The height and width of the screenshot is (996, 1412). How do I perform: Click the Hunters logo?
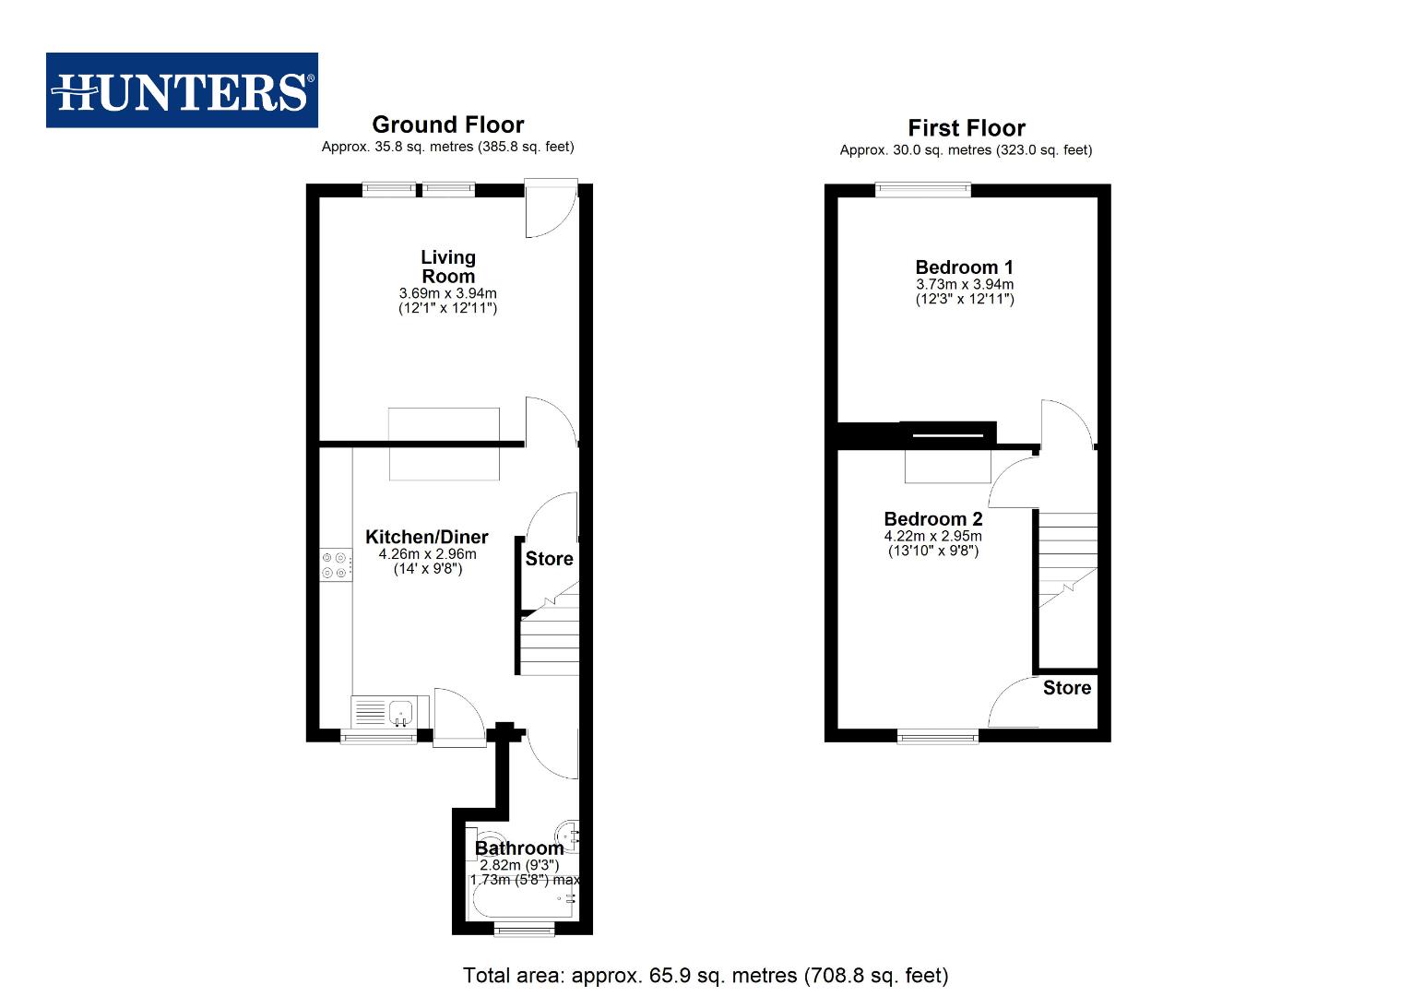click(x=182, y=90)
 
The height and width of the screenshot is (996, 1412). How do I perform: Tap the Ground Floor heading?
click(x=447, y=125)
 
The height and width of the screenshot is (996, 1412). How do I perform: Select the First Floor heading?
click(x=966, y=128)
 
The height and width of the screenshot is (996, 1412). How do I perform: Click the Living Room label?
click(x=448, y=267)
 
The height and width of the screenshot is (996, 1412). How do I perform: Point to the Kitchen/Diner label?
click(x=427, y=537)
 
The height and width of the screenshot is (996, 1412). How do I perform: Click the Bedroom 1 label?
click(x=964, y=267)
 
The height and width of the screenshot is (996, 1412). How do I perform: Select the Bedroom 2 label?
click(x=932, y=519)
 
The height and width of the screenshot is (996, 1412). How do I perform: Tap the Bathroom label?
click(x=519, y=848)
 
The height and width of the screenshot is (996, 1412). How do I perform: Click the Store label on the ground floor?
click(x=549, y=559)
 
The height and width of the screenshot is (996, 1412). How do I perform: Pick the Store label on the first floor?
click(x=1066, y=688)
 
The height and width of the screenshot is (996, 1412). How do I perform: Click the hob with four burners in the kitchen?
click(x=336, y=565)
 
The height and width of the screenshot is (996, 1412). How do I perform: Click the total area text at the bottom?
click(x=705, y=975)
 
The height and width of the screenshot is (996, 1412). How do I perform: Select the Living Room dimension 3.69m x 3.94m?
click(x=447, y=293)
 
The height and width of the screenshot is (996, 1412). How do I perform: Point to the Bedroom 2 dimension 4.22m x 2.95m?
click(x=932, y=536)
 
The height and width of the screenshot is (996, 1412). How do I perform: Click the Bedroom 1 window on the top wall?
click(x=922, y=190)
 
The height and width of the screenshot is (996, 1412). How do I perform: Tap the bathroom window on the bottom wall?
click(x=524, y=930)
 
